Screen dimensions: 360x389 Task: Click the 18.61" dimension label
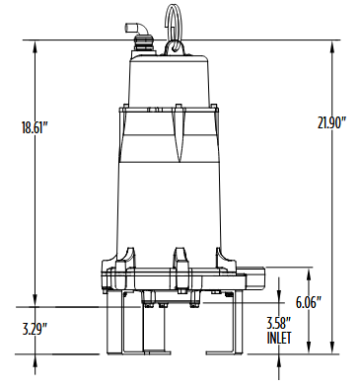(35, 127)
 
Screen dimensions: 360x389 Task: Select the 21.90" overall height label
(332, 123)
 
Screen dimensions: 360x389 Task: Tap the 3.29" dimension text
(36, 329)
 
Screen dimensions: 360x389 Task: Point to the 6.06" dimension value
(309, 302)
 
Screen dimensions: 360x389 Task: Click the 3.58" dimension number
(279, 324)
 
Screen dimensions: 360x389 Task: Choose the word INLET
(279, 338)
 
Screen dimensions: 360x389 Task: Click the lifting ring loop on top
(174, 22)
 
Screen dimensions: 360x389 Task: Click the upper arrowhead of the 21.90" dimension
(332, 46)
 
